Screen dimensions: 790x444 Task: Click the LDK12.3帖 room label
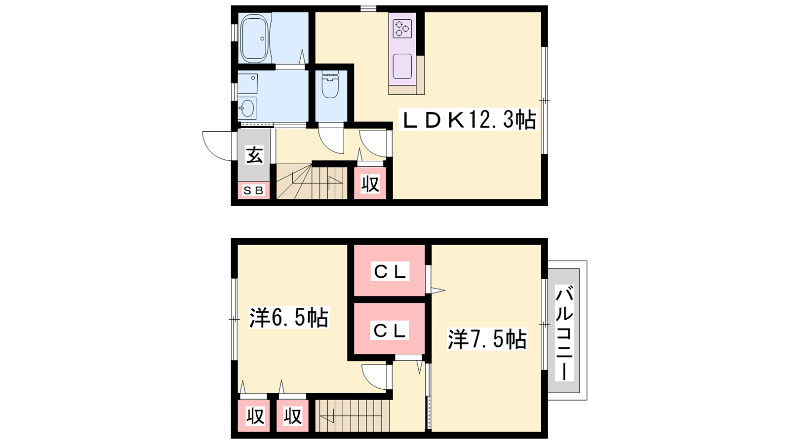[x=468, y=120]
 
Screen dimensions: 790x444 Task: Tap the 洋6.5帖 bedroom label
[x=288, y=318]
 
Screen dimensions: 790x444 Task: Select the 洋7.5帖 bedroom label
[x=487, y=339]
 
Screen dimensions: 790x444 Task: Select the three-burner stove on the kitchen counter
[x=402, y=29]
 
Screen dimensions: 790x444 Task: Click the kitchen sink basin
[x=402, y=66]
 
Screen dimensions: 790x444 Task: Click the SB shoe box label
[x=254, y=190]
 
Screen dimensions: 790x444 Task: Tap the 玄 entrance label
[x=254, y=155]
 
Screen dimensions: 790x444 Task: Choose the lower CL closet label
[x=390, y=330]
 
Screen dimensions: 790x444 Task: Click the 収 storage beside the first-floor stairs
[x=370, y=184]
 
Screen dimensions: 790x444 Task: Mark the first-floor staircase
[x=312, y=182]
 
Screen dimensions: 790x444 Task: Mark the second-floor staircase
[x=353, y=416]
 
